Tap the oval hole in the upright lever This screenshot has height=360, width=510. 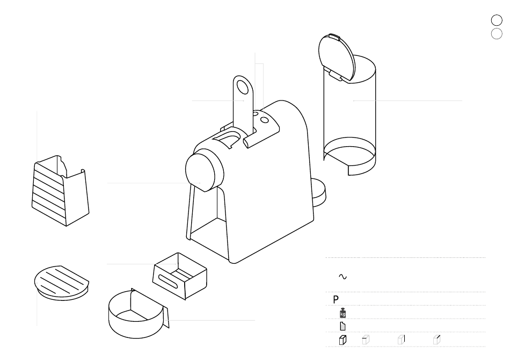pos(243,87)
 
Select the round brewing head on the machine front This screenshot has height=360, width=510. pos(204,170)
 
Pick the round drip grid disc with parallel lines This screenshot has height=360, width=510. pos(62,283)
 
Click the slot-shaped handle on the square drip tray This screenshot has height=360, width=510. pos(168,281)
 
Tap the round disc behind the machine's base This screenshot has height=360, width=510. pos(319,193)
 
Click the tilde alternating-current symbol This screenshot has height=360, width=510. pos(343,277)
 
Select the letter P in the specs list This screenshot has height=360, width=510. pos(336,299)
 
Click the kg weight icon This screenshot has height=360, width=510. pos(343,313)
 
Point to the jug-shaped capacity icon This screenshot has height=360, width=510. pos(343,326)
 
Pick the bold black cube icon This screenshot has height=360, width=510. pos(343,340)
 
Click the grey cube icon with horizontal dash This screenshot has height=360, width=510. pos(366,340)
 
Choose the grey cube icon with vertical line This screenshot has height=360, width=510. pos(402,340)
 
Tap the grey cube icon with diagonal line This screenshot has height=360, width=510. pos(437,340)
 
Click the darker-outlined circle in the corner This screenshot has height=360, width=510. pos(497,20)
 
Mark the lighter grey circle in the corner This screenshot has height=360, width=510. pos(497,33)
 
